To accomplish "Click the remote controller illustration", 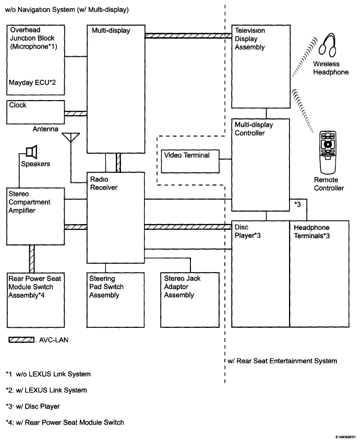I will point(327,153).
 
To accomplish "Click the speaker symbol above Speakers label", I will point(32,152).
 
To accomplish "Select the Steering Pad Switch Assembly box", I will point(114,299).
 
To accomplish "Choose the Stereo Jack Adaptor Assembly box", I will point(187,299).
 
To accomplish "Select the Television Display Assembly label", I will point(250,39).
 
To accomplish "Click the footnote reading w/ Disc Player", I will point(38,406).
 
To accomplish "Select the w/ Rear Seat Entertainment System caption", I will point(282,361).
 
